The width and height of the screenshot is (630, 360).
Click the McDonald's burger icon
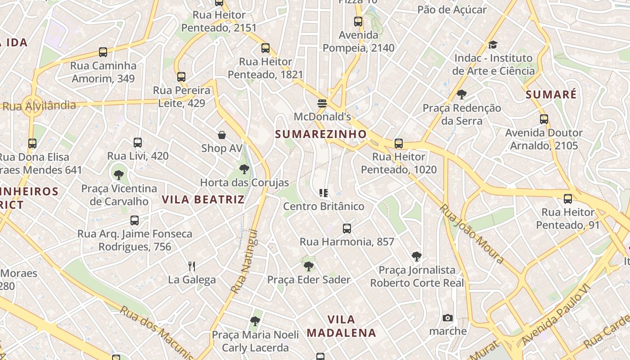coord(322,103)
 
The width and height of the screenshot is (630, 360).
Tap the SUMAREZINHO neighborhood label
coord(321,134)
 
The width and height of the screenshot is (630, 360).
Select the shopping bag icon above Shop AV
coord(222,135)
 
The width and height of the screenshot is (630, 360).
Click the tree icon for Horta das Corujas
coord(244,169)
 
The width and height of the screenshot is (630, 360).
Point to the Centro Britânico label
coord(324,206)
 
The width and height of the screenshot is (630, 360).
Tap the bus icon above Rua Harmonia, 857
coord(347,229)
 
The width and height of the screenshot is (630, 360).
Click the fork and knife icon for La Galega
coord(192,266)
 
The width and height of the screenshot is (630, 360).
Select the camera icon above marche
coord(448,318)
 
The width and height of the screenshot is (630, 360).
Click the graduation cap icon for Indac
coord(493,45)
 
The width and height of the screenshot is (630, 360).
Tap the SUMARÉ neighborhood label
coord(551,94)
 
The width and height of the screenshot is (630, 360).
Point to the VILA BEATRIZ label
coord(203,199)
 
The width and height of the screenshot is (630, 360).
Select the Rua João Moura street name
coord(471,234)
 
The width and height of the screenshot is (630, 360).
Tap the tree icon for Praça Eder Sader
coord(309,266)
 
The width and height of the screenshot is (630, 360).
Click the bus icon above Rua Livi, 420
coord(138,143)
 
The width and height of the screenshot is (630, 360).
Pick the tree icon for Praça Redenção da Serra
coord(461,94)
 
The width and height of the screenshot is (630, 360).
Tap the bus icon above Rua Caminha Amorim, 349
coord(103,52)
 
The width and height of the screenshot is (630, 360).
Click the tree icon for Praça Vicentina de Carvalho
coord(119,175)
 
